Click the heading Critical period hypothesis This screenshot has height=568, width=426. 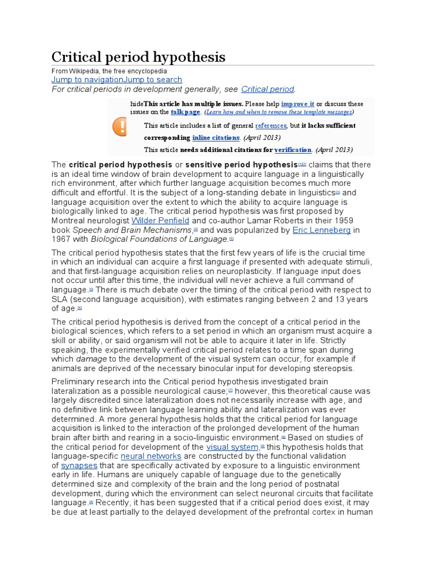pyautogui.click(x=139, y=57)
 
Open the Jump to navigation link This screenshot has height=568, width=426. pyautogui.click(x=87, y=80)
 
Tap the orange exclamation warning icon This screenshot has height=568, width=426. pyautogui.click(x=119, y=127)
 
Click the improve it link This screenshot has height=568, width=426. pyautogui.click(x=298, y=104)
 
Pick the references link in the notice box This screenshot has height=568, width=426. pyautogui.click(x=271, y=126)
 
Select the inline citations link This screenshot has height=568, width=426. pyautogui.click(x=216, y=138)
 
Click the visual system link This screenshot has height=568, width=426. pyautogui.click(x=232, y=447)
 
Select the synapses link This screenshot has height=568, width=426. pyautogui.click(x=79, y=465)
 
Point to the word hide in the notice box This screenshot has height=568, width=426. pyautogui.click(x=136, y=104)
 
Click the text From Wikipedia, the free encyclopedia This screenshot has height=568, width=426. pyautogui.click(x=109, y=72)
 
